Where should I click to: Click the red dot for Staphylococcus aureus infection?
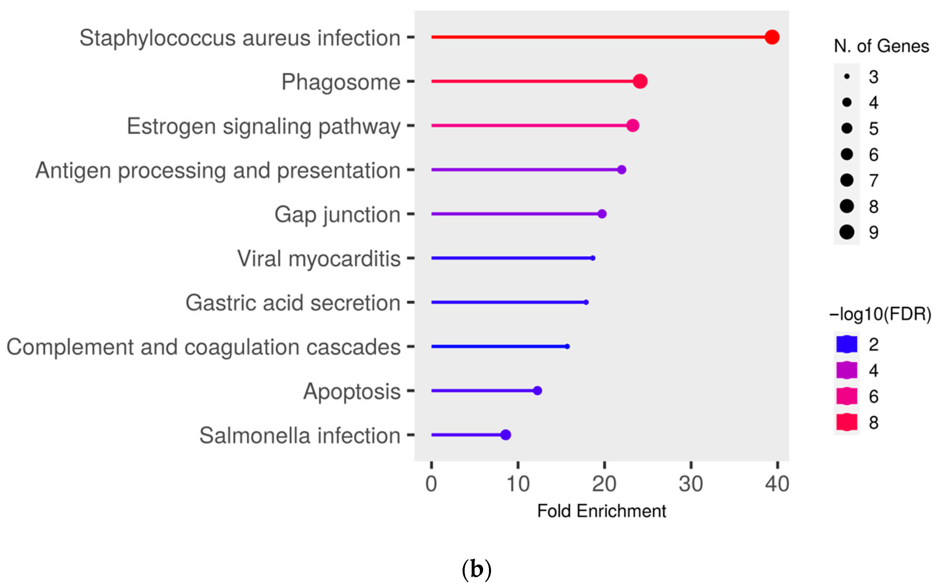(x=772, y=37)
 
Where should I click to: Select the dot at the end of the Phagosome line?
(x=640, y=81)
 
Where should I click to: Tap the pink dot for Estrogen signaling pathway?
(x=632, y=125)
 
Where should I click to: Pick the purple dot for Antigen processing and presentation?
(x=621, y=170)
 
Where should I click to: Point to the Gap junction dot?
(x=602, y=214)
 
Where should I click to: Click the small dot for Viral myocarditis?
(x=592, y=258)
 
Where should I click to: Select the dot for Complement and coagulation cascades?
(x=567, y=346)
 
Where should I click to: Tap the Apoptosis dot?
(x=537, y=390)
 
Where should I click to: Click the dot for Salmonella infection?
(x=505, y=435)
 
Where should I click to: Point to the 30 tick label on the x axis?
(x=691, y=484)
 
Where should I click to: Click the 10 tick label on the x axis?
(x=518, y=484)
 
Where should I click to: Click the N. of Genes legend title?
(x=881, y=46)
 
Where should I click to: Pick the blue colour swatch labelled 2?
(x=847, y=344)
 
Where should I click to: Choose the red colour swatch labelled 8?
(x=847, y=422)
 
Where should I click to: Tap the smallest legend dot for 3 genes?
(x=847, y=77)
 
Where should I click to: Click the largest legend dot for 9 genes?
(x=847, y=232)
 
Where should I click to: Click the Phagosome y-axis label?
(x=341, y=82)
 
